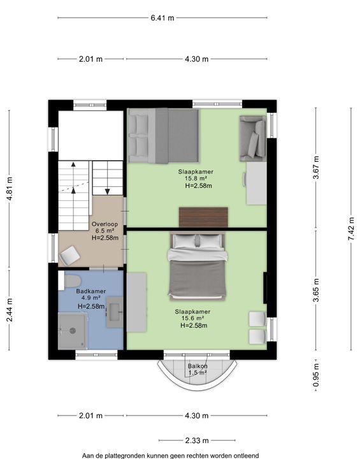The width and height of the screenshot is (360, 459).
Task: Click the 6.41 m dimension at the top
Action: point(162,18)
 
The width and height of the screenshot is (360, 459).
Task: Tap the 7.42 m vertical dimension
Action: point(351,229)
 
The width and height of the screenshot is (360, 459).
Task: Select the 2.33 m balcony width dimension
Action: point(197,441)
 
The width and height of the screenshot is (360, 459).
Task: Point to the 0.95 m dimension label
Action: point(316,375)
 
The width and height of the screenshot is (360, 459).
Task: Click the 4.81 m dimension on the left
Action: point(10,189)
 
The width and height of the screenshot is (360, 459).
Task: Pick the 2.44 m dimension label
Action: point(10,310)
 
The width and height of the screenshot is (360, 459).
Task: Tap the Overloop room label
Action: point(104,224)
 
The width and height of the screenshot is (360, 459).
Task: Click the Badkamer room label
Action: point(91,291)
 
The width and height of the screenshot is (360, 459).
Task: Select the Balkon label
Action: point(198,366)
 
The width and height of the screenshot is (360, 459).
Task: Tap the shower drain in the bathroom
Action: point(73,331)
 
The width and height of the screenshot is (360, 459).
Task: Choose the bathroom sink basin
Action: point(115,312)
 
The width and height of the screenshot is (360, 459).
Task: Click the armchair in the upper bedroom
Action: point(253,138)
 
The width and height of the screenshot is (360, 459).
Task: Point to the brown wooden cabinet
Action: point(203,217)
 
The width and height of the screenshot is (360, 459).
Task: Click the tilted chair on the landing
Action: point(69,255)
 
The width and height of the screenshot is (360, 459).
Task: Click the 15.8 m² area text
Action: point(196,178)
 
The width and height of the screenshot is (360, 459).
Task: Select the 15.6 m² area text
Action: point(192,319)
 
